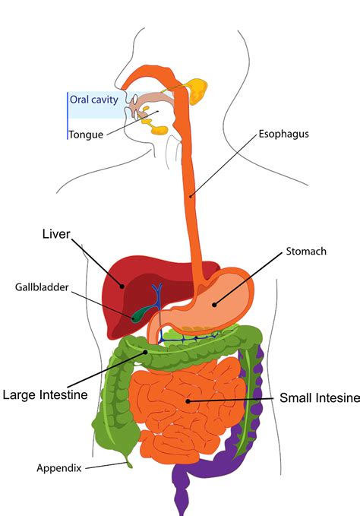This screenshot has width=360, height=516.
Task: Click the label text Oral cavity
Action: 94,99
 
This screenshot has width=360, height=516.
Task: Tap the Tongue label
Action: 85,135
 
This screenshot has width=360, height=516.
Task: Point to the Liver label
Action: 55,235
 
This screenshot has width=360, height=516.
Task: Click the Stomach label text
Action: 306,251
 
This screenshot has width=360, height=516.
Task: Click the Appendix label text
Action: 58,467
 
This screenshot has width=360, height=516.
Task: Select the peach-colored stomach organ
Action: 220,300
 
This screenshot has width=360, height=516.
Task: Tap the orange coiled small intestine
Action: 182,403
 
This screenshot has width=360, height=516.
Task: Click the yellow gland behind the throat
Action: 200,91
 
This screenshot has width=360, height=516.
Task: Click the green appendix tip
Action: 129,461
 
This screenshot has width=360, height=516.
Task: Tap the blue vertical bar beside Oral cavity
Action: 68,114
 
